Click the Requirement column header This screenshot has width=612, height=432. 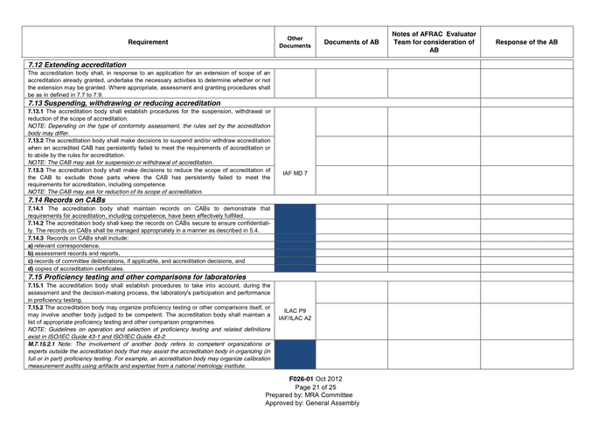[x=148, y=42]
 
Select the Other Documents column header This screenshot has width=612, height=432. [x=295, y=42]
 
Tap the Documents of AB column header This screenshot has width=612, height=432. [x=351, y=42]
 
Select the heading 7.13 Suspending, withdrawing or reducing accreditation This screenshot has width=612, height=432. [x=123, y=103]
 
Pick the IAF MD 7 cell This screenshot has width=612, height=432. [x=295, y=173]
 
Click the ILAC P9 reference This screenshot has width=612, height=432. [x=295, y=310]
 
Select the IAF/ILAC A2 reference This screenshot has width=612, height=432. [x=295, y=319]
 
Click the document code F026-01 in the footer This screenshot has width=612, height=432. [x=303, y=379]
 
